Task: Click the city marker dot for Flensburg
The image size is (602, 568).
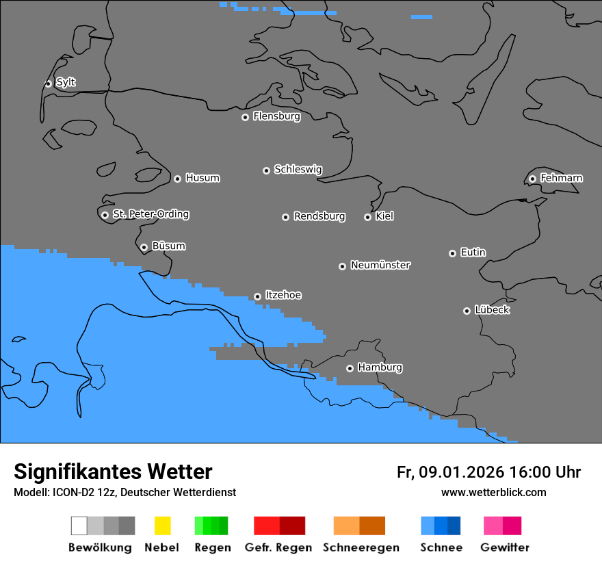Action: (245, 117)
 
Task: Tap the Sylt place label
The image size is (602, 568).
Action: (66, 82)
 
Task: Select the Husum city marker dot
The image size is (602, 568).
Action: (177, 179)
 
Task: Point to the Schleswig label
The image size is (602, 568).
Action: (298, 169)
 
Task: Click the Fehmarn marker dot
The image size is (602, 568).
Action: (532, 179)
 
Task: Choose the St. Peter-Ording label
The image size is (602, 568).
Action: (150, 214)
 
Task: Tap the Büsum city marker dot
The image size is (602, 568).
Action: (144, 248)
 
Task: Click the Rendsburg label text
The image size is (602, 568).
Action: (319, 216)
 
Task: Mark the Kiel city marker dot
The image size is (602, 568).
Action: (367, 217)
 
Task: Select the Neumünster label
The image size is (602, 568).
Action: (380, 265)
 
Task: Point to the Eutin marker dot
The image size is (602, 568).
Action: (452, 253)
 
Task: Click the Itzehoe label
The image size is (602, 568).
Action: (283, 295)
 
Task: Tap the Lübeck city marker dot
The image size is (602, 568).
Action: (467, 311)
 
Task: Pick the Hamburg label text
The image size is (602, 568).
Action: (380, 367)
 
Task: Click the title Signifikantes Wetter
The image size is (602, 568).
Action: (113, 472)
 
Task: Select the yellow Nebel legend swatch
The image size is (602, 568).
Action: (162, 526)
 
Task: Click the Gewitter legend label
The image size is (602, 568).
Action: (504, 547)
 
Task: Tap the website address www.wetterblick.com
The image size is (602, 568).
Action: (493, 492)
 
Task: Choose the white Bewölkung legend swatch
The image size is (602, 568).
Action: (79, 526)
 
